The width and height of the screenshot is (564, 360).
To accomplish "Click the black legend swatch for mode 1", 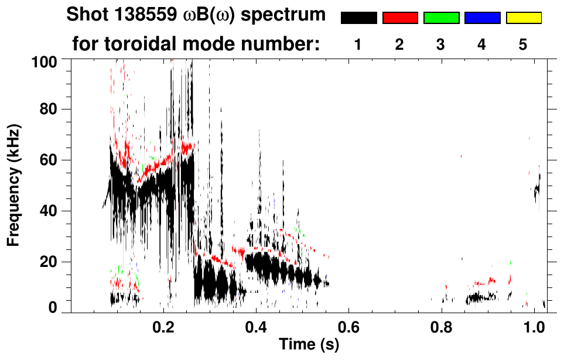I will (x=358, y=18).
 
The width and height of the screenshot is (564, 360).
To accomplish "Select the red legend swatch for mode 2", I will (x=400, y=18).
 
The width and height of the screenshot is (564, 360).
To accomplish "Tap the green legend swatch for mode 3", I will (x=441, y=18).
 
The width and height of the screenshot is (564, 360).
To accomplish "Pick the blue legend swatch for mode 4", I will (x=482, y=18).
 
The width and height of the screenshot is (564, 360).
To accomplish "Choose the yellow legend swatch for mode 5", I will (x=523, y=18).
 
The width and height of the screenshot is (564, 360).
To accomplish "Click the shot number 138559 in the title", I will (x=146, y=15).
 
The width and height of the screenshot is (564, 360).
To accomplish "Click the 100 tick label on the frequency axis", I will (x=44, y=60).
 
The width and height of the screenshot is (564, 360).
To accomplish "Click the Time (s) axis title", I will (x=308, y=344).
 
